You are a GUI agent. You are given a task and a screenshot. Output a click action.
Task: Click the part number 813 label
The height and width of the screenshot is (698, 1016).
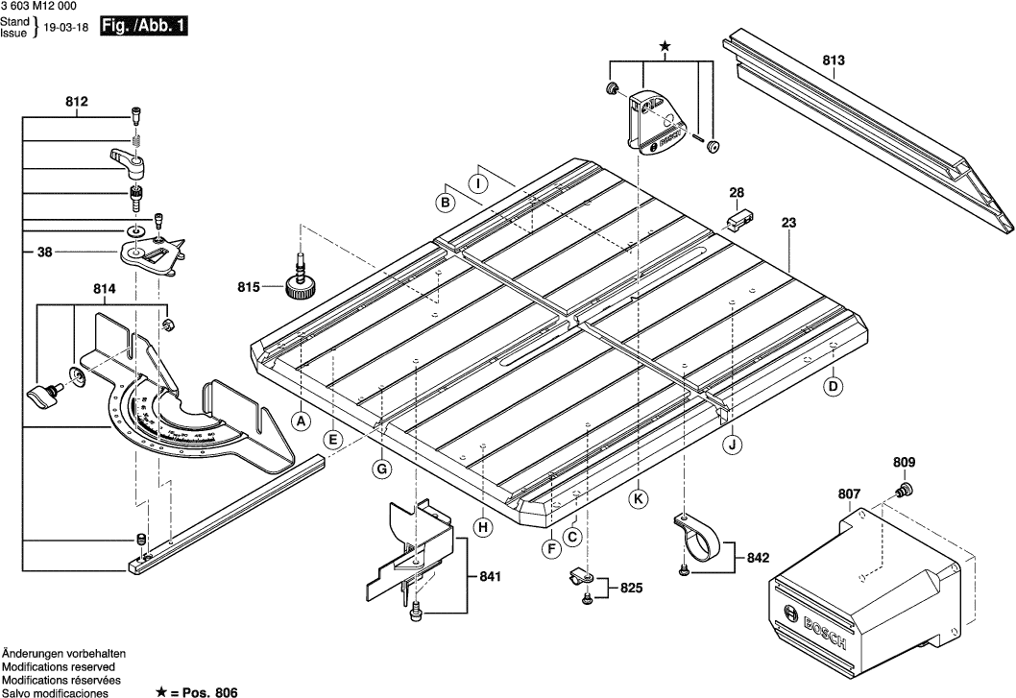tap(834, 60)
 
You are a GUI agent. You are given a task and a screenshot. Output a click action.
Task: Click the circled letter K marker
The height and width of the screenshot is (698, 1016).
tap(638, 497)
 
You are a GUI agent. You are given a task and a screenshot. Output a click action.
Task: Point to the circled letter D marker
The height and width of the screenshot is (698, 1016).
tap(834, 386)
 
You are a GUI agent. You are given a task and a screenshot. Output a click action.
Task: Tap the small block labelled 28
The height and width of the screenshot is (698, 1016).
tap(738, 221)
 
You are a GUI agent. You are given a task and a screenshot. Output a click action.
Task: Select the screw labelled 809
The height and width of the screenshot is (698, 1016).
tap(902, 492)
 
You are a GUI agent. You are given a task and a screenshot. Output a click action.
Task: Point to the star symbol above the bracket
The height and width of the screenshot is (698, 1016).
tap(664, 46)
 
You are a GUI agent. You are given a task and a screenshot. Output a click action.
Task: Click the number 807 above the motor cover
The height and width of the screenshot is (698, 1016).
tap(849, 494)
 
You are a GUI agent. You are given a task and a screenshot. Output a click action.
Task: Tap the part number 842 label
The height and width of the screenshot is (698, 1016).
tap(758, 557)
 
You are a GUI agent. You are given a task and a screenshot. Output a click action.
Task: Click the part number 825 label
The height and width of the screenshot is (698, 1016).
tap(630, 588)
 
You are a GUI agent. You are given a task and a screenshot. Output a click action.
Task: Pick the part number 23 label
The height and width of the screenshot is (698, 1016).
tap(789, 223)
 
